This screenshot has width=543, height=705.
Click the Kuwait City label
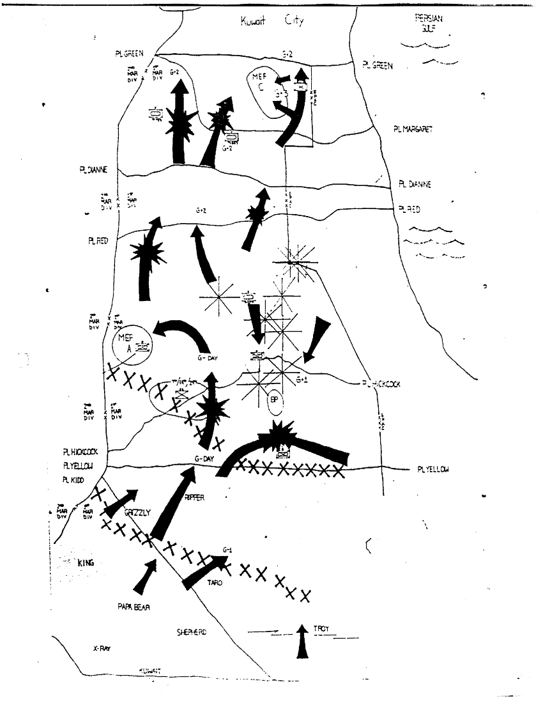point(271,21)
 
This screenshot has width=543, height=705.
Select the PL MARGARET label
point(413,129)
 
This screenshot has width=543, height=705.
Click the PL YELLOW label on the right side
point(432,470)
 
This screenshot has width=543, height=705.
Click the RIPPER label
point(194,497)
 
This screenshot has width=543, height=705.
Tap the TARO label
point(214,582)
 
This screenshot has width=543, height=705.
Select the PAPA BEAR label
point(134,607)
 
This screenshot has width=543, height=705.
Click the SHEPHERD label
point(193,632)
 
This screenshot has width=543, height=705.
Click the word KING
point(86,563)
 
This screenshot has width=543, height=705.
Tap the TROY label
point(321,629)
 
